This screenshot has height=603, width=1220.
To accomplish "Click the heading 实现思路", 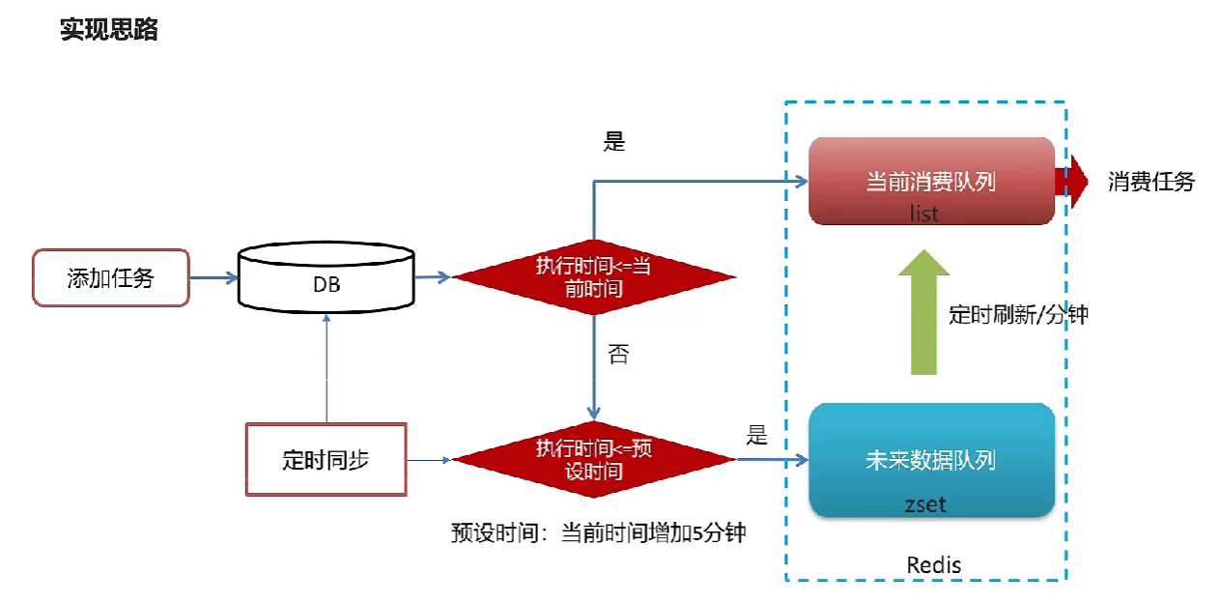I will pos(109,30).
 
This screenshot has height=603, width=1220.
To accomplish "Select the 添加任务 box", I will pos(111,278).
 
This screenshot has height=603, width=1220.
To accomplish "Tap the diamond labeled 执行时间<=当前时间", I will pos(593,278).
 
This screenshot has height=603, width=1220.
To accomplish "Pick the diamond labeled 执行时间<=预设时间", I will pos(593,460).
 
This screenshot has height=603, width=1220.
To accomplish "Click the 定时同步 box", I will pos(326,460).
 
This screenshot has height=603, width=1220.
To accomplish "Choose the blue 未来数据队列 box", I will pos(930,460).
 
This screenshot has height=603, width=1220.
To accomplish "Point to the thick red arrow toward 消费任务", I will pos(1071,182).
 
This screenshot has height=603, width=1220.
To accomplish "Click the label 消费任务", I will pos(1150,182).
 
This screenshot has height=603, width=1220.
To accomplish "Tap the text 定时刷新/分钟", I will pos(1018,314).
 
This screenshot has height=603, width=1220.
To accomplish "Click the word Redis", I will pos(934,564).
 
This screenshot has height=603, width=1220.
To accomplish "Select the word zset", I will pos(925,503).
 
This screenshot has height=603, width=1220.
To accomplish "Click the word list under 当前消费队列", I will pos(923,214).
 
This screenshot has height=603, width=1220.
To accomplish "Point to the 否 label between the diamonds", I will pos(618,355).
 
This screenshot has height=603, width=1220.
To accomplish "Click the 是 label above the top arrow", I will pos(614,142).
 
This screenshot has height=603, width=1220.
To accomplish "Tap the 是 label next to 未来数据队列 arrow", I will pos(756,435).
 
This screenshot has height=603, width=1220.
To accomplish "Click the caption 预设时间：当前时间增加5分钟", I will pos(598,532).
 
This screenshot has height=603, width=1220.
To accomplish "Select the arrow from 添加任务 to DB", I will pos(213,278).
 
